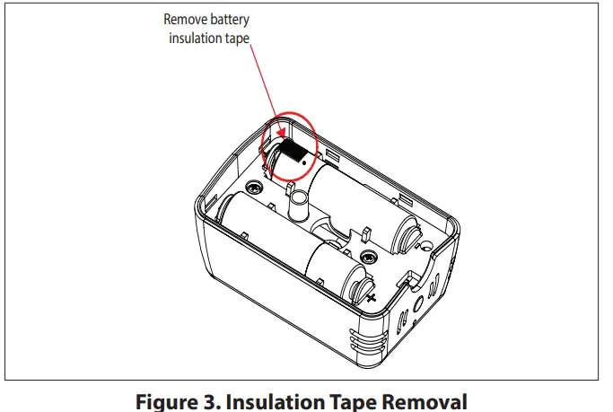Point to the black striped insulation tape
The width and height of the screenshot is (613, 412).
tap(290, 149)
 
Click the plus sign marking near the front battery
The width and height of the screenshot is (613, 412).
tap(370, 297)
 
